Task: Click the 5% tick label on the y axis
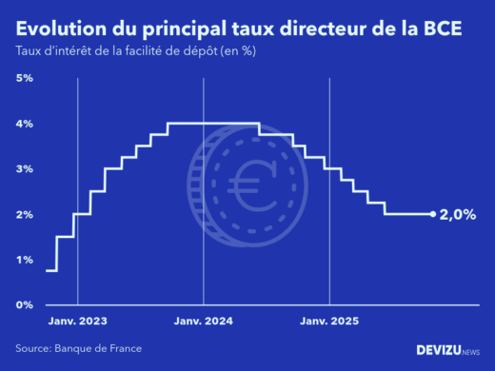24,77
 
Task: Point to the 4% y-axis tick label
24,123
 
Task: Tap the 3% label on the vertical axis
24,168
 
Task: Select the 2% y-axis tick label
24,214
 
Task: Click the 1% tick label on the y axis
24,260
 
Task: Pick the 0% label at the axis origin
24,304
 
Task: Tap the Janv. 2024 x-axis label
204,322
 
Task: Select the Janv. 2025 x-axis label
329,322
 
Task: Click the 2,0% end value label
457,215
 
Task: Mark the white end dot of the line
433,214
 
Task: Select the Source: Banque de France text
78,348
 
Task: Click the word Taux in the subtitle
29,50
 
